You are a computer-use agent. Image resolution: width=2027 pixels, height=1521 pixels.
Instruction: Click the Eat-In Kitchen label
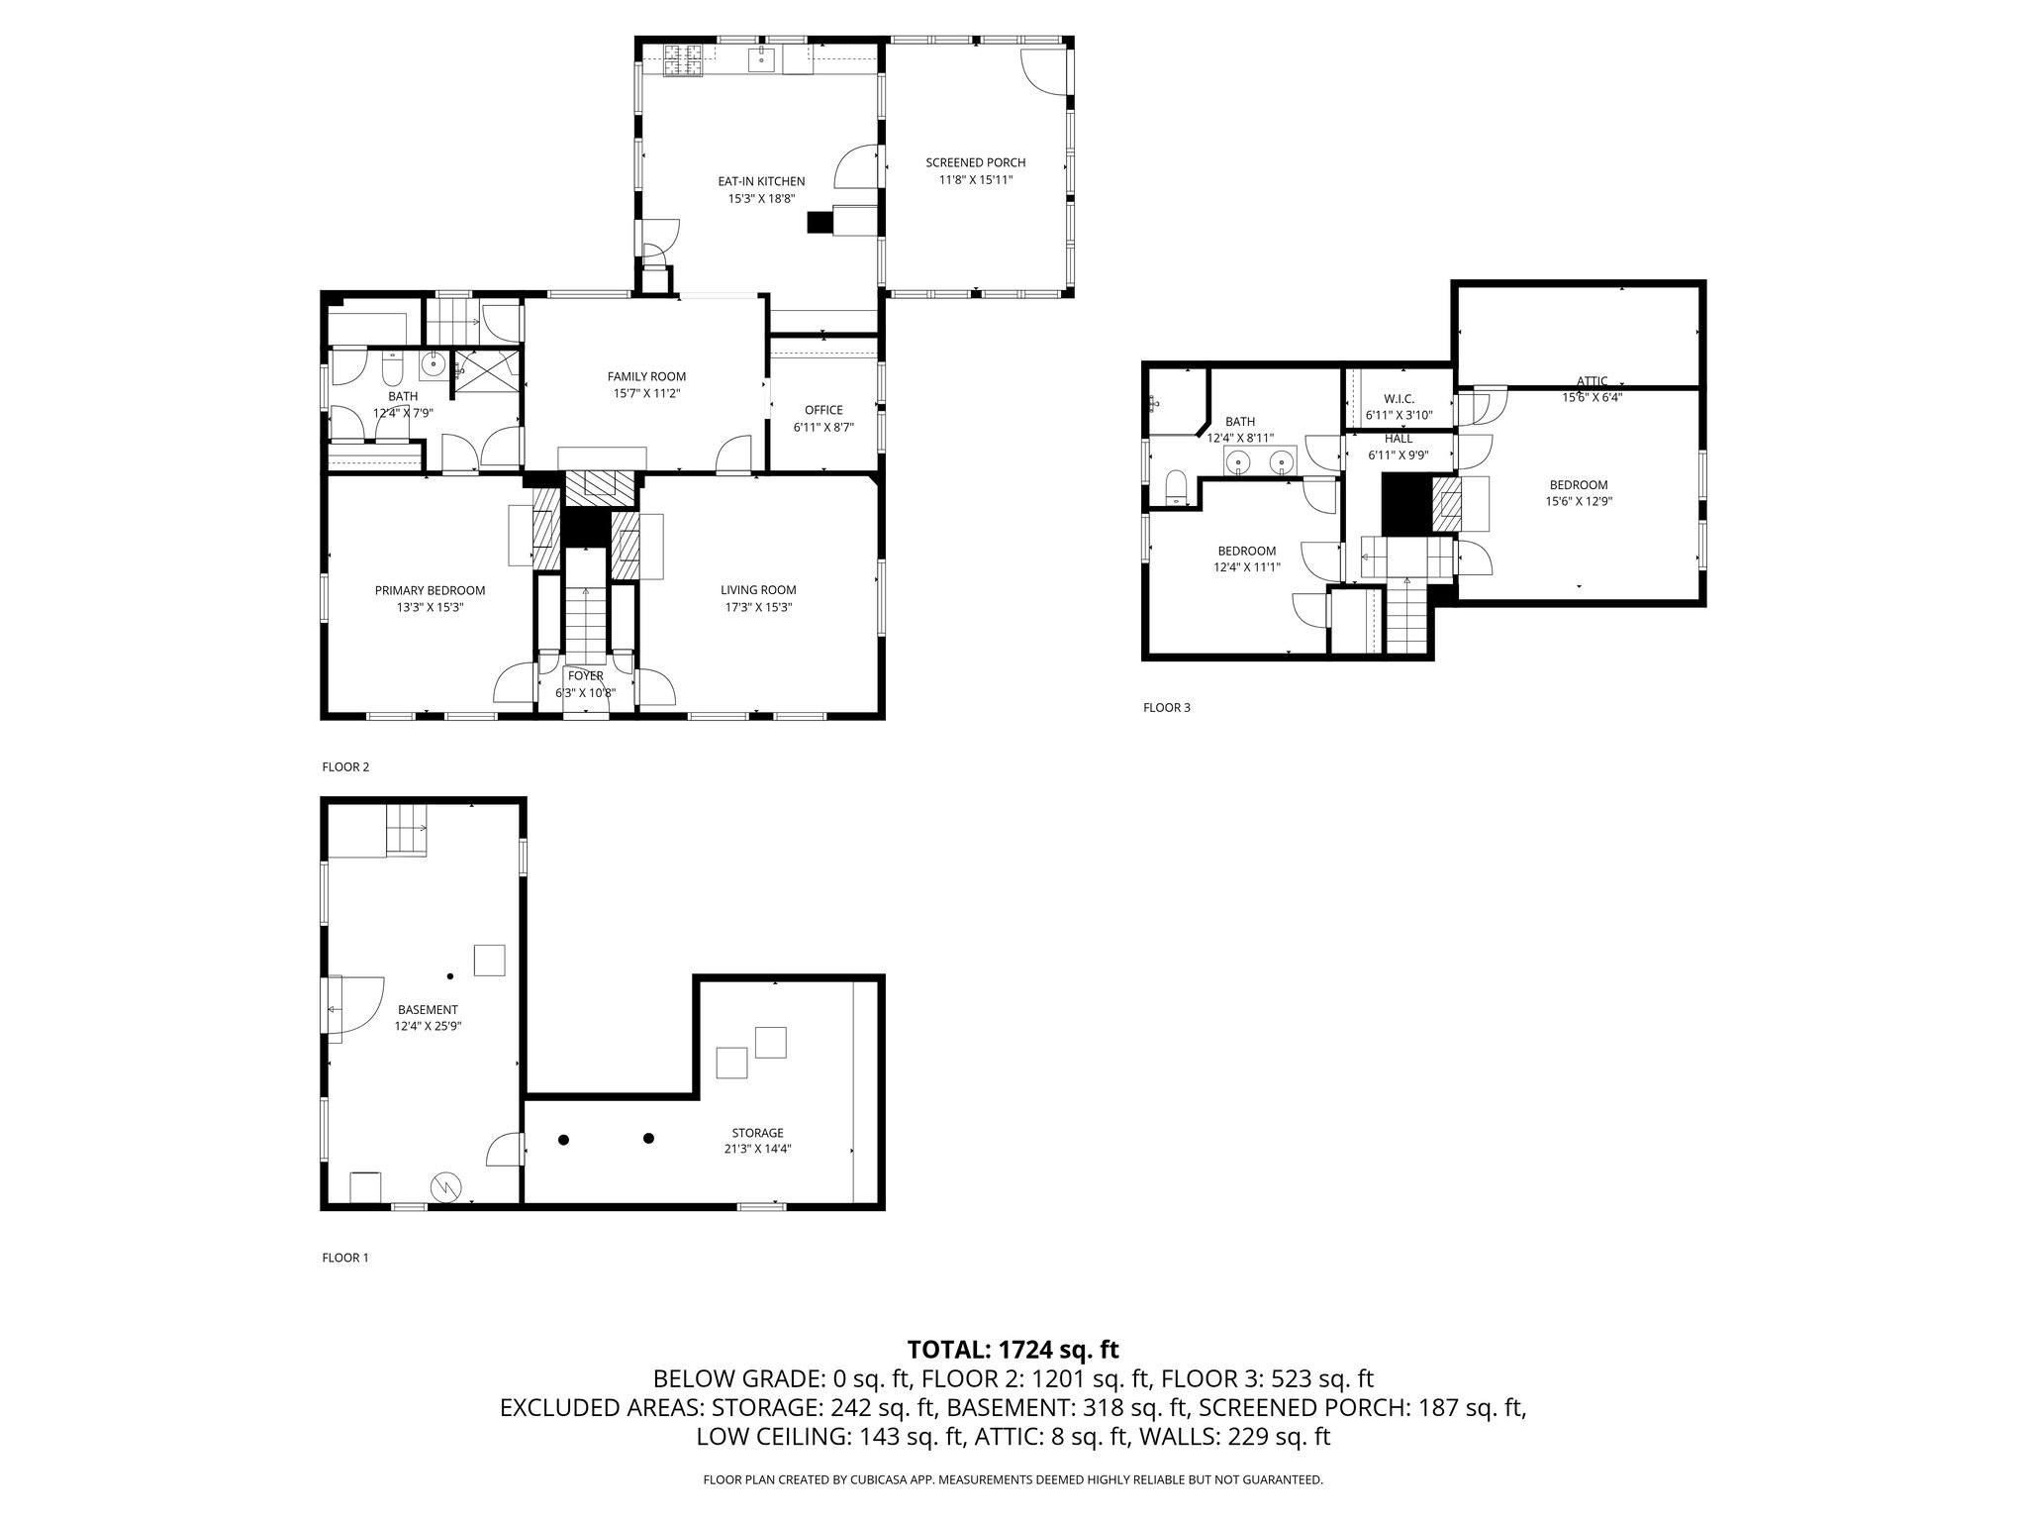[761, 182]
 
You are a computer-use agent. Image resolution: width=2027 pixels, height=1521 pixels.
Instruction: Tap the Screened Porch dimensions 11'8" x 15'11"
[975, 180]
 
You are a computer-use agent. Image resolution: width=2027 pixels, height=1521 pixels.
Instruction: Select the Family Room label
[646, 376]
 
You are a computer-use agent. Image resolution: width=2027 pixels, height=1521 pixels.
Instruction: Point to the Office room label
[823, 410]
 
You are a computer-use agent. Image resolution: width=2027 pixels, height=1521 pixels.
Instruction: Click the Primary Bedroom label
[430, 591]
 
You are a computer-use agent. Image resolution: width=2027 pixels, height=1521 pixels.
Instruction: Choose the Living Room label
[758, 591]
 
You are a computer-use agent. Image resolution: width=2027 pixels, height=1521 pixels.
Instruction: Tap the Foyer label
[586, 676]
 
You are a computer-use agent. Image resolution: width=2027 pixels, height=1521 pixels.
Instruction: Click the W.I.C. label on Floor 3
[1399, 399]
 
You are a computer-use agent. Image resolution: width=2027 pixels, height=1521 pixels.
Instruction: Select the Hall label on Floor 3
[1399, 439]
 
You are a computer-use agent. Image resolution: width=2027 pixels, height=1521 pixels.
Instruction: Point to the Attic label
[1592, 381]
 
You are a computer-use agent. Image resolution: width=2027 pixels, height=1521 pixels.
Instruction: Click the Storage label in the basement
[758, 1133]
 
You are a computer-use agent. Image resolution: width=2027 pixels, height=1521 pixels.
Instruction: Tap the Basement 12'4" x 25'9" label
[428, 1018]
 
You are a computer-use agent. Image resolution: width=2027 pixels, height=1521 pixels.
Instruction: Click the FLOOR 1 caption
[344, 1258]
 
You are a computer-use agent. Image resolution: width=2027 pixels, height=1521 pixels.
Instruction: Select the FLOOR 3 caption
[1166, 707]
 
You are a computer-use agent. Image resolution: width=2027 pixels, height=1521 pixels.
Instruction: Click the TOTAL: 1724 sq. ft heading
[1013, 1349]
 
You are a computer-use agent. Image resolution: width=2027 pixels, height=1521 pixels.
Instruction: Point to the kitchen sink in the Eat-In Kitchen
[761, 59]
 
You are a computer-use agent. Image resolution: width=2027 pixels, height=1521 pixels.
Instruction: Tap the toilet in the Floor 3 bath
[1176, 488]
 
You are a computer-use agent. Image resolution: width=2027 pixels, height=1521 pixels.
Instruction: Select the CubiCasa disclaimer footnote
[1013, 1479]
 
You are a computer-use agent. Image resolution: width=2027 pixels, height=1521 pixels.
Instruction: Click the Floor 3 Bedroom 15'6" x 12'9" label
[1578, 492]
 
